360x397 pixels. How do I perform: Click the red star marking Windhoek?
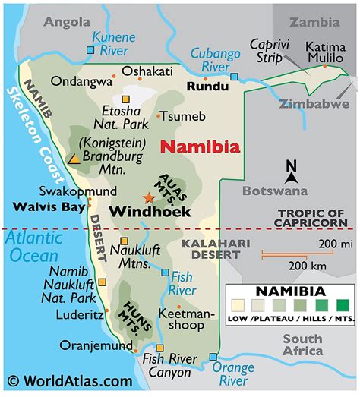[x=148, y=197]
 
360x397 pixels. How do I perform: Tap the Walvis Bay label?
[x=45, y=206]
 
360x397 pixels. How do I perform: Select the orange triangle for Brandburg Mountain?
[x=74, y=159]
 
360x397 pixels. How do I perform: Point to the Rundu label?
[x=207, y=87]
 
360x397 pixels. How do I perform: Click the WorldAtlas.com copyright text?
[x=69, y=381]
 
